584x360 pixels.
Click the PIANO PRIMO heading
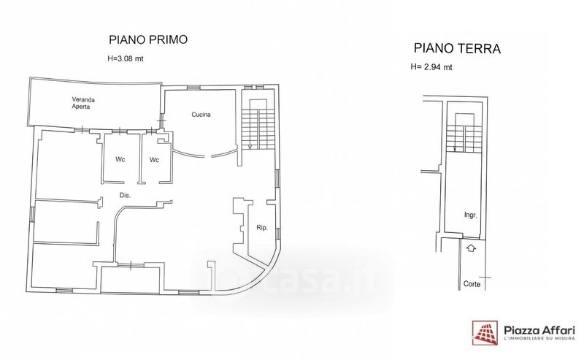point(148,39)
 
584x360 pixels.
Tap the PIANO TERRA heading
point(457,48)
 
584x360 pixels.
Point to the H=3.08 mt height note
point(125,58)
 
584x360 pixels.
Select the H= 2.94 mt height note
point(431,67)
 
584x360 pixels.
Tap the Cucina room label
point(201,115)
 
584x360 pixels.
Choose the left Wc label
point(120,159)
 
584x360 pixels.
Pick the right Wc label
point(154,160)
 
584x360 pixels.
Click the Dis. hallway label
point(125,195)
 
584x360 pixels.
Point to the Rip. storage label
point(262,228)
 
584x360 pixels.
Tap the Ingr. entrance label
point(470,215)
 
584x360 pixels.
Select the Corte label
point(472,284)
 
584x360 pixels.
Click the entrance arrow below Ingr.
point(471,248)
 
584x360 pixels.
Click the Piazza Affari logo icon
point(485,333)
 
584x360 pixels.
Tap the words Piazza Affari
point(539,330)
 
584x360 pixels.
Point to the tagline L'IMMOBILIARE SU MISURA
point(539,338)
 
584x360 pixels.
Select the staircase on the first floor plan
point(258,124)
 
